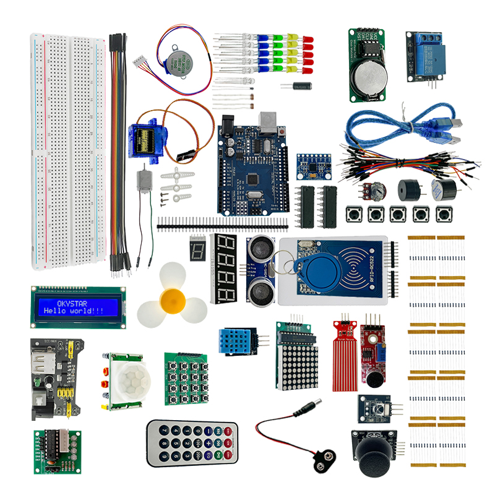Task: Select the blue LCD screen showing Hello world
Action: tap(78, 307)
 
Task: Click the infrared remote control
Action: tap(192, 444)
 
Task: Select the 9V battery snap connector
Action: tap(321, 458)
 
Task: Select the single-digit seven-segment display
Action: tap(199, 251)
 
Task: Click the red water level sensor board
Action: tap(345, 356)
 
